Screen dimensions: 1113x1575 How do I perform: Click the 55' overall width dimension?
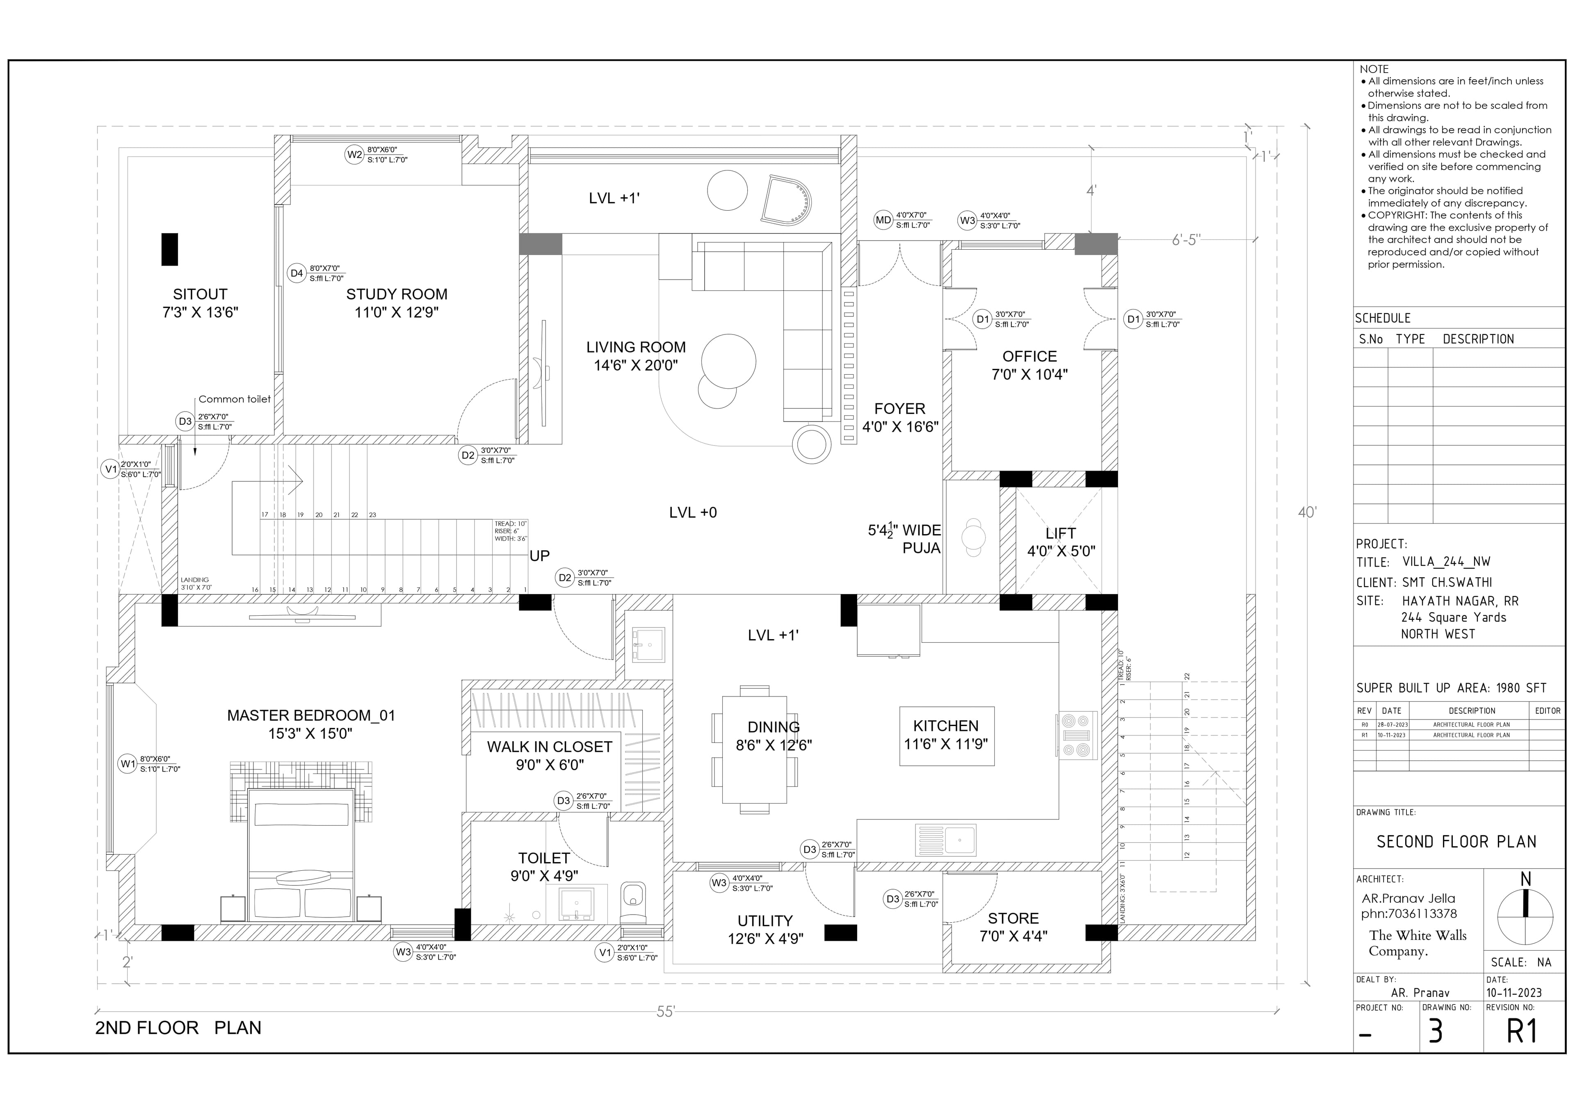click(665, 1011)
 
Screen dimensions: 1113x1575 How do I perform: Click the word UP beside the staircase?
click(539, 555)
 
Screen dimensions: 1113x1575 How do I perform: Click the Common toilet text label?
click(235, 399)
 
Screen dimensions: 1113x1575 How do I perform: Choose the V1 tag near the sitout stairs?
click(110, 469)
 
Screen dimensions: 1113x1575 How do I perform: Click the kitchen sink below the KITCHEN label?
click(946, 840)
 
